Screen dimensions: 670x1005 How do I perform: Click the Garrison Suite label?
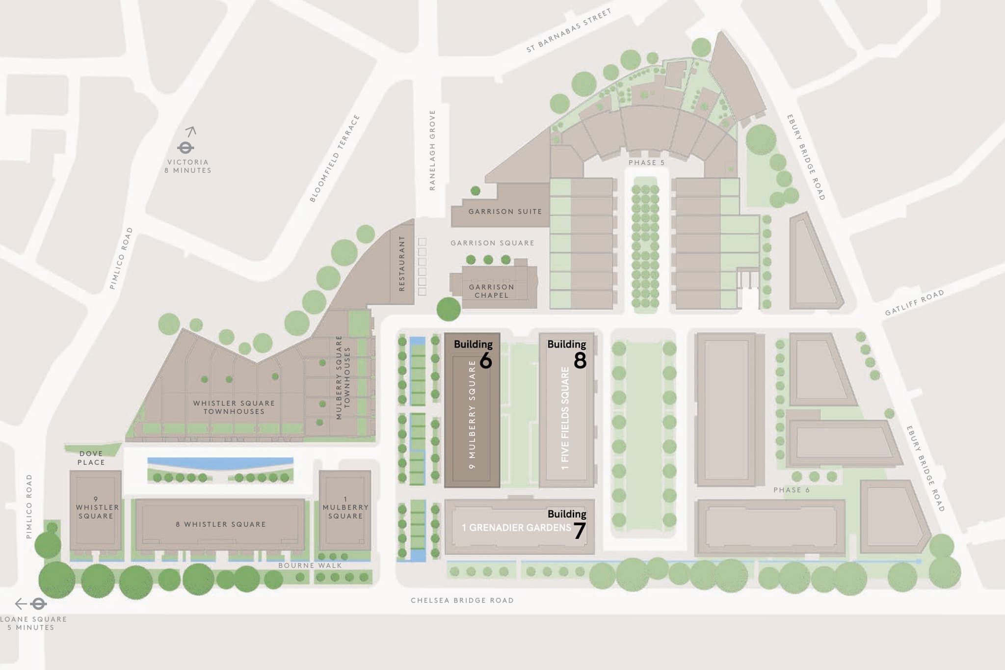click(x=505, y=212)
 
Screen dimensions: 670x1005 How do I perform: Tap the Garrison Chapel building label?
click(x=491, y=291)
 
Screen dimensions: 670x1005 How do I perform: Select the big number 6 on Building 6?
click(x=485, y=361)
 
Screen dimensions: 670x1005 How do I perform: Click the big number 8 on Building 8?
click(x=580, y=361)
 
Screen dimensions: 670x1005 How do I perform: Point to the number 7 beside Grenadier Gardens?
click(x=580, y=531)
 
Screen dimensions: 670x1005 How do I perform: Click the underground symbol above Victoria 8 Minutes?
click(x=185, y=147)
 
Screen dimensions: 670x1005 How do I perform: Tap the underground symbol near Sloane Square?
click(x=38, y=603)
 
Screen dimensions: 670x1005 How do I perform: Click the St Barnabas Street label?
click(x=569, y=30)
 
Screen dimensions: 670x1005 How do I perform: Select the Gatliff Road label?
click(x=914, y=303)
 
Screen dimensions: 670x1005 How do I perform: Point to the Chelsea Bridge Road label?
click(x=462, y=600)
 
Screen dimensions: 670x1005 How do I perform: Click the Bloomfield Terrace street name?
click(x=335, y=159)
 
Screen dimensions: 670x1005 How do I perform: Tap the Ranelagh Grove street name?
click(x=432, y=150)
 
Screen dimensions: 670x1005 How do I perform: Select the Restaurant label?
click(x=402, y=264)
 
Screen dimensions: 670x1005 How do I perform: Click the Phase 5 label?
click(x=646, y=162)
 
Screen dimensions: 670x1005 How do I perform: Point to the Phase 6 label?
click(x=791, y=490)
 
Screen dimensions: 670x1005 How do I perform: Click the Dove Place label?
click(x=91, y=458)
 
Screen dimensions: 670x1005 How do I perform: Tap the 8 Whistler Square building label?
click(x=221, y=524)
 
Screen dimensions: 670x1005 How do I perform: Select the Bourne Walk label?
click(x=310, y=565)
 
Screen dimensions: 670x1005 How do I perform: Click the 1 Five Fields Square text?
click(x=565, y=418)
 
